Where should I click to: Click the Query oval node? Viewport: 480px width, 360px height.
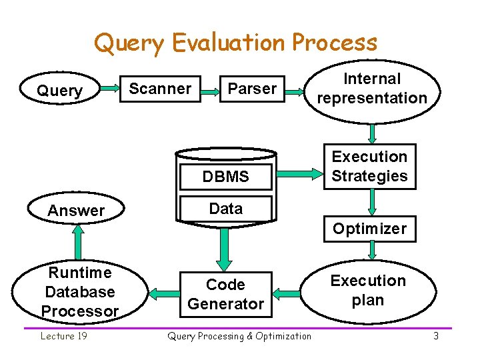click(x=60, y=90)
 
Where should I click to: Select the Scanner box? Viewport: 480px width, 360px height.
click(x=160, y=89)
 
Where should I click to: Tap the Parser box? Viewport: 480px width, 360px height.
click(x=252, y=89)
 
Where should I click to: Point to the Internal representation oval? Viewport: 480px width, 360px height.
click(x=372, y=89)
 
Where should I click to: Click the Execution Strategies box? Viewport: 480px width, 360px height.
click(x=369, y=167)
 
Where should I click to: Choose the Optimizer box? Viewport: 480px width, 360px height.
click(x=369, y=229)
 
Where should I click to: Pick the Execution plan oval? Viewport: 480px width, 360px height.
click(x=368, y=291)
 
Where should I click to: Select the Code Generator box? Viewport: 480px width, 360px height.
click(x=225, y=294)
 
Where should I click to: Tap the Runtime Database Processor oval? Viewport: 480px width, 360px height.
click(x=80, y=292)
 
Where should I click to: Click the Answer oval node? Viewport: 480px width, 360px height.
click(x=77, y=211)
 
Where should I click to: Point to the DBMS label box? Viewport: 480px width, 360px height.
click(x=226, y=177)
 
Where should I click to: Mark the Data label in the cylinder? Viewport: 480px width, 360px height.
click(x=226, y=209)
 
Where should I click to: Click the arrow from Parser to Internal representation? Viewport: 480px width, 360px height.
click(x=297, y=89)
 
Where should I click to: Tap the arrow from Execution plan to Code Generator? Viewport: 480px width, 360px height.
click(x=288, y=292)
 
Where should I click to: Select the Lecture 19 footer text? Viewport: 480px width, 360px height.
click(x=64, y=336)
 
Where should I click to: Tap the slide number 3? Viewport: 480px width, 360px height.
click(x=436, y=336)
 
